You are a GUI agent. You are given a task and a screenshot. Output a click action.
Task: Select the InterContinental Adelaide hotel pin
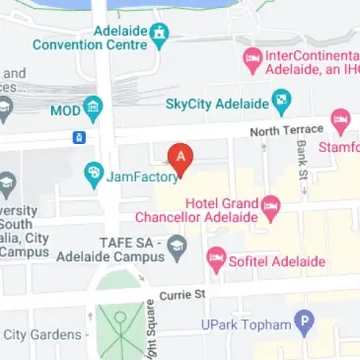[x=252, y=60]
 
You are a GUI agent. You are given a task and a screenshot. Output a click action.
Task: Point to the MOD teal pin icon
[x=93, y=106]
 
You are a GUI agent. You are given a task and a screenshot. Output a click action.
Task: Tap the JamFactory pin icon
[x=95, y=174]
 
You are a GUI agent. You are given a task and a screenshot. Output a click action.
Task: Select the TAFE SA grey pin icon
[x=178, y=245]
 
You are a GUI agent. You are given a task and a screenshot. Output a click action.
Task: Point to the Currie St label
[x=180, y=293]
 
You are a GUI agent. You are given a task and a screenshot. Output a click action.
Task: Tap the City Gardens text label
[x=41, y=335]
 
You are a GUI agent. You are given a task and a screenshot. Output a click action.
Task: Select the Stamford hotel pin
[x=341, y=123]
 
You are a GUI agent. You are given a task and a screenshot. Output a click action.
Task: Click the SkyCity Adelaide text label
[x=216, y=102]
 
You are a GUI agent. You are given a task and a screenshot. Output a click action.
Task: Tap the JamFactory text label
[x=144, y=177]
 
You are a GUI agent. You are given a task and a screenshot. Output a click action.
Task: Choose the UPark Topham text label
[x=251, y=324]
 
